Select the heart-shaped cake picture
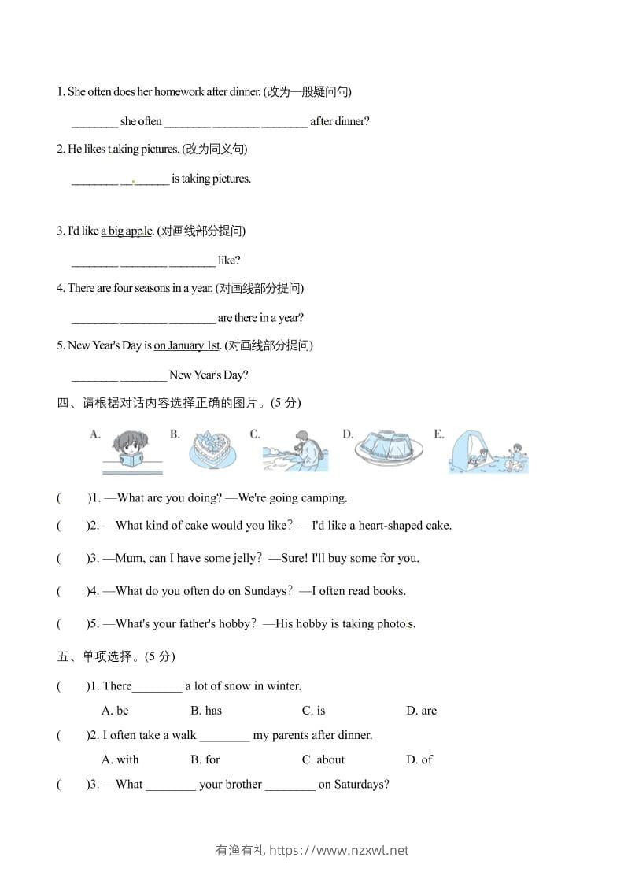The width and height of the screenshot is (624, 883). pyautogui.click(x=212, y=451)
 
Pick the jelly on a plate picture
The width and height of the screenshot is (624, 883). pyautogui.click(x=387, y=451)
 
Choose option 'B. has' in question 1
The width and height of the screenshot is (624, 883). pyautogui.click(x=206, y=711)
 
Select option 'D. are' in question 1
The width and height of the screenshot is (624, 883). pyautogui.click(x=421, y=711)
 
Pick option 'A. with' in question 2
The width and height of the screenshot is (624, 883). pyautogui.click(x=120, y=759)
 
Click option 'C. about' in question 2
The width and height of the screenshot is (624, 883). pyautogui.click(x=323, y=759)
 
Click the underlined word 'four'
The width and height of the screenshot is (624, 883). pyautogui.click(x=123, y=288)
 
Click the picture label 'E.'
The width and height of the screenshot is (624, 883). pyautogui.click(x=439, y=434)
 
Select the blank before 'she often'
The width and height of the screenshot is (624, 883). pyautogui.click(x=94, y=122)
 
